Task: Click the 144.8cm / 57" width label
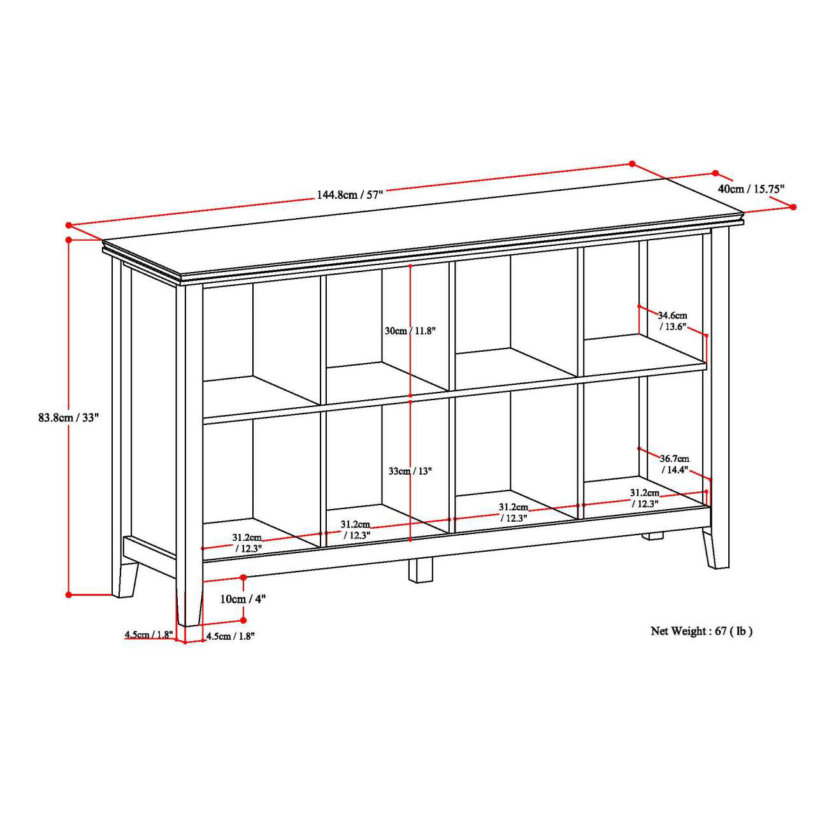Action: coord(350,194)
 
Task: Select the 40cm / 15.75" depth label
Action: coord(751,189)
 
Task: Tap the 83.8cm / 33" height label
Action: coord(68,418)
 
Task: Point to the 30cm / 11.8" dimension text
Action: coord(410,331)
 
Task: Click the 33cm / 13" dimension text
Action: coord(410,471)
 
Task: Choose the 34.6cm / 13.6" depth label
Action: coord(673,320)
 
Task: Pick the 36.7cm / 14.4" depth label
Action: coord(674,464)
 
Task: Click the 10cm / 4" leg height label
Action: coord(242,599)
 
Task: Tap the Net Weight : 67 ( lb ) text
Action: coord(701,631)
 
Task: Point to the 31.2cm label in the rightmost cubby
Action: coord(645,498)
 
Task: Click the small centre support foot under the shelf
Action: coord(421,570)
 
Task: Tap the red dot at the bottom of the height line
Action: coord(69,594)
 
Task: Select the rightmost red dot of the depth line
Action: coord(793,206)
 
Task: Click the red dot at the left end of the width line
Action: coord(68,225)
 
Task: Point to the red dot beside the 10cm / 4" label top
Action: coord(243,577)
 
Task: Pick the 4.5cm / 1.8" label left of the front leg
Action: coord(148,635)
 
